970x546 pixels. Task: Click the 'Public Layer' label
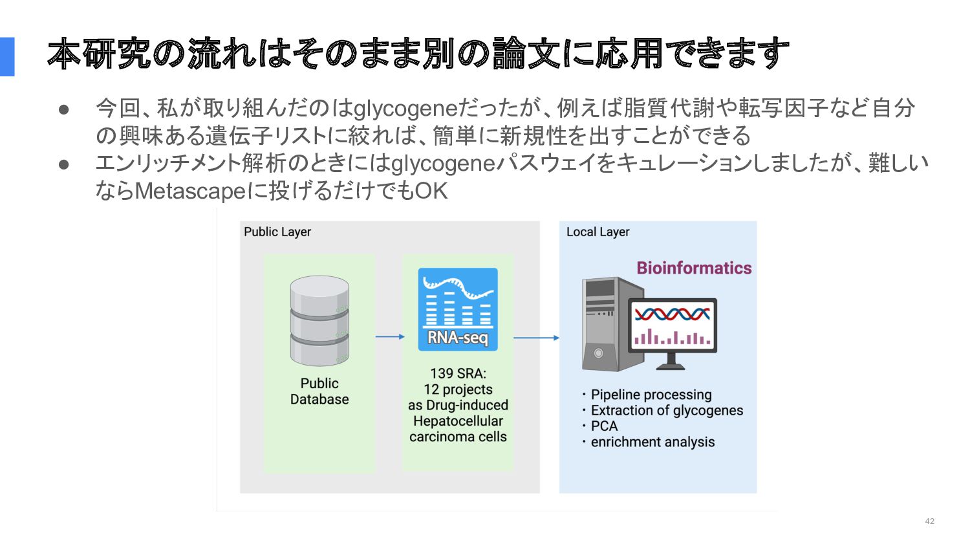pos(277,232)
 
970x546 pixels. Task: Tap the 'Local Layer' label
pos(598,232)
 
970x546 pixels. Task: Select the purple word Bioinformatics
pos(694,268)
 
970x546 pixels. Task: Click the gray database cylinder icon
pos(319,321)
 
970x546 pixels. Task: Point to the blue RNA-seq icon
pos(458,309)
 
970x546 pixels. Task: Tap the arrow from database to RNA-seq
pos(390,336)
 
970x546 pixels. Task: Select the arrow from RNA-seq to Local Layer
pos(536,338)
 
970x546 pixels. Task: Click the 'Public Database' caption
pos(319,391)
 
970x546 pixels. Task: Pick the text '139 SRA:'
pos(458,373)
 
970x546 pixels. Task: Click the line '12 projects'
pos(458,389)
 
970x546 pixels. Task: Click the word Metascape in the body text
pos(191,191)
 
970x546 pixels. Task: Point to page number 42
pos(929,521)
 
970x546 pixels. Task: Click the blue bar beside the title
pos(7,57)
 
